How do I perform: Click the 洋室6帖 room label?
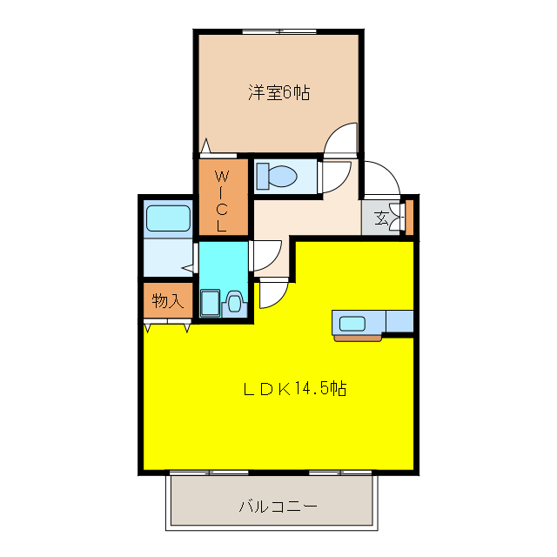pos(278,92)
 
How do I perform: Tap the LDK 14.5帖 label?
pos(294,389)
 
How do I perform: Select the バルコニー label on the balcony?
pos(278,506)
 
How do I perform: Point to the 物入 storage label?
pos(166,301)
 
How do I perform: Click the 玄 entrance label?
pos(382,218)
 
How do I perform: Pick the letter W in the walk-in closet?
pos(221,173)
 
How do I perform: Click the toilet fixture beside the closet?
pos(278,177)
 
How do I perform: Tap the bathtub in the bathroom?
pos(168,218)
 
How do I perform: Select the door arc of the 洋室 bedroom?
pos(341,139)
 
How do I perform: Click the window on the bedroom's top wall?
pos(278,32)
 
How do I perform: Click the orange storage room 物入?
pos(166,301)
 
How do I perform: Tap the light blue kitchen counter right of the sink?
pos(399,321)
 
